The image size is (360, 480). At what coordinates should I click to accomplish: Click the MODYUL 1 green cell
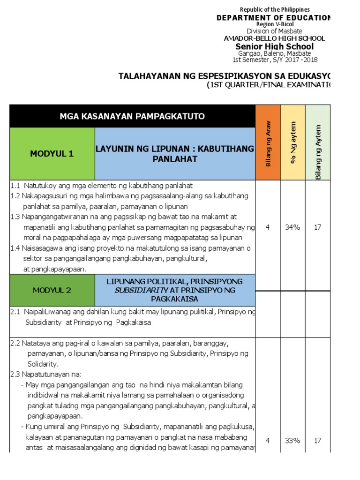[52, 154]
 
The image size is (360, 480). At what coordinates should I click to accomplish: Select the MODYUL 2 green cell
[52, 290]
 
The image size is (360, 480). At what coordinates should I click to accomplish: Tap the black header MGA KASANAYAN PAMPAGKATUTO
[132, 116]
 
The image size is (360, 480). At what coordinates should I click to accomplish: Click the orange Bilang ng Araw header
[268, 143]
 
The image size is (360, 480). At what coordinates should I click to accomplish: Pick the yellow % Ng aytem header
[293, 143]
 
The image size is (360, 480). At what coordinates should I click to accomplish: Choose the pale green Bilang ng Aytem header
[318, 143]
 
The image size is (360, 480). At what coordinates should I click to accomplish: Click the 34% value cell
[292, 227]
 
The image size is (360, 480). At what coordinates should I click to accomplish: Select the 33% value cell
[292, 441]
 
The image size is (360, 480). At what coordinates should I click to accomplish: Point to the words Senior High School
[274, 46]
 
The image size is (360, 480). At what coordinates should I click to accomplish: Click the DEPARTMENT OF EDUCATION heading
[273, 17]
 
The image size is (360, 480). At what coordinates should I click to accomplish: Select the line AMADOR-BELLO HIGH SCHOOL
[274, 38]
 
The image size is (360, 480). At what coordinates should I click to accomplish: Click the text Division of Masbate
[274, 31]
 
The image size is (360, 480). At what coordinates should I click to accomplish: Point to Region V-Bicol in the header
[274, 24]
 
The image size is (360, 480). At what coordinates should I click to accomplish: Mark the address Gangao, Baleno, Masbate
[274, 53]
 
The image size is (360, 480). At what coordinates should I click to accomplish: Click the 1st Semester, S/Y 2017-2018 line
[274, 60]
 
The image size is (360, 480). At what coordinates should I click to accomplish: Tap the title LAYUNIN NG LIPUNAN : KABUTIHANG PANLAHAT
[175, 154]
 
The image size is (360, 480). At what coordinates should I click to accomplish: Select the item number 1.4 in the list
[15, 248]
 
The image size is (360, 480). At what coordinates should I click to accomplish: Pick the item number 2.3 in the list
[15, 374]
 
